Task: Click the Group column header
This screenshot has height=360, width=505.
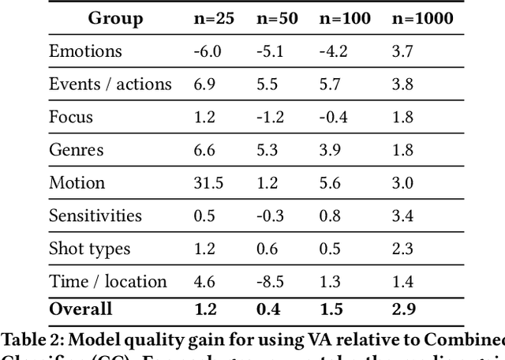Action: [x=115, y=18]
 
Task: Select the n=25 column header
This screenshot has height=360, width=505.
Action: [x=213, y=18]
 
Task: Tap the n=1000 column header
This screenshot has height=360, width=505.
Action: [x=423, y=18]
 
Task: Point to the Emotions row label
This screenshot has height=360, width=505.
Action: [x=85, y=51]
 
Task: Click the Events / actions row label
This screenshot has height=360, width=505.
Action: [x=110, y=84]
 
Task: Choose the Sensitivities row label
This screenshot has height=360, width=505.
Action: [x=95, y=216]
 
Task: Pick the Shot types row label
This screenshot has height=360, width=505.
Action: [x=90, y=249]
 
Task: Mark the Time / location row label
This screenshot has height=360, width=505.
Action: [x=107, y=282]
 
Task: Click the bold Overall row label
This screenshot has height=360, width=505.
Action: [x=80, y=309]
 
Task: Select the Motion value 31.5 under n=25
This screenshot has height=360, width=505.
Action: [x=208, y=182]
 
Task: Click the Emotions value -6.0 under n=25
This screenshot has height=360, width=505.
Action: [x=207, y=51]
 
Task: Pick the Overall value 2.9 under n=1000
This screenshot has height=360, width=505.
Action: [x=403, y=309]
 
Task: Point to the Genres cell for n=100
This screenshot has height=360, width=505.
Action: [x=329, y=150]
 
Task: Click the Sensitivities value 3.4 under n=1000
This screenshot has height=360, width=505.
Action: [x=403, y=216]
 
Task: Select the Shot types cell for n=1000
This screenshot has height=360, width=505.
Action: [x=403, y=249]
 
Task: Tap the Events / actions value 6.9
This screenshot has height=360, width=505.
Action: [x=203, y=84]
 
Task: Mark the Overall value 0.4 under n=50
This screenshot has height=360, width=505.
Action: [x=268, y=309]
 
